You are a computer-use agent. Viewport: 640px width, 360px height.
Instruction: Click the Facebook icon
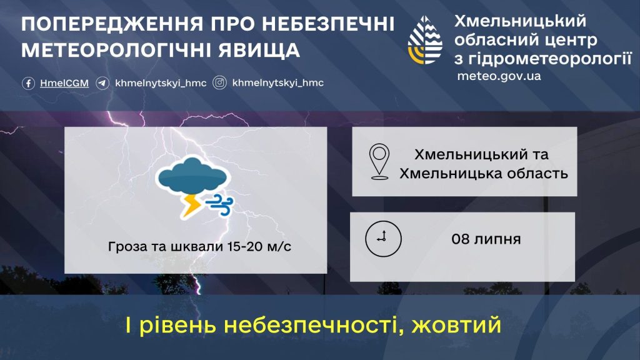coord(28,83)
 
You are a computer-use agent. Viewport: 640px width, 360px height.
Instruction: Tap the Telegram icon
coord(102,83)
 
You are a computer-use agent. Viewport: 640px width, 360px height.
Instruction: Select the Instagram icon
coord(219,83)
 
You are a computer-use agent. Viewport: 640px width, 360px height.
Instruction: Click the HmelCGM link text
coord(64,83)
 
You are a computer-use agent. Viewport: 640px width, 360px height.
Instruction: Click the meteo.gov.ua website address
coord(499,76)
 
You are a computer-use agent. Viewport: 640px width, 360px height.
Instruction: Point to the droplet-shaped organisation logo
coord(425,40)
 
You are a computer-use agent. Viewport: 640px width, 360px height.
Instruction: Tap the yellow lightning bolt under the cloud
coord(191,205)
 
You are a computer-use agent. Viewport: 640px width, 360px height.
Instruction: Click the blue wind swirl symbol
coord(219,204)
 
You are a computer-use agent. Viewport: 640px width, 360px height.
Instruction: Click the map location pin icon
coord(379,161)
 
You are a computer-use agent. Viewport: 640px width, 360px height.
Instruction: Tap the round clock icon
coord(383,239)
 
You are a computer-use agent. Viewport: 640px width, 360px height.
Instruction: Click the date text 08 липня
coord(486,239)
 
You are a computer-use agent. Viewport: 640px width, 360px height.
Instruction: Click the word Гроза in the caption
coord(127,247)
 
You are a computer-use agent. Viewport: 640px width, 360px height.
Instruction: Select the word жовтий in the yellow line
coord(456,325)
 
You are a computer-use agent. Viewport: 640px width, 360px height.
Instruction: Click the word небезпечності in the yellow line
coord(312,325)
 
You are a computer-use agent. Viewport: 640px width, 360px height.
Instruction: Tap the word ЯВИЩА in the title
coord(259,50)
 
